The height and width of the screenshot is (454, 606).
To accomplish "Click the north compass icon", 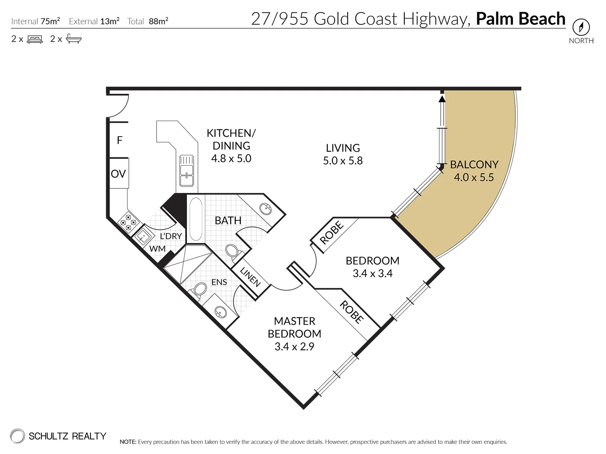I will tap(581, 28).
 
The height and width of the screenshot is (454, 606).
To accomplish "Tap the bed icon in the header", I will tap(35, 40).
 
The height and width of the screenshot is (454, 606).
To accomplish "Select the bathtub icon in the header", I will tap(74, 39).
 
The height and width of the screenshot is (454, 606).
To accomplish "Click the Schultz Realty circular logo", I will tap(18, 436).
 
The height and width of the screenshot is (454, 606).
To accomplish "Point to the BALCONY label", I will tap(474, 164).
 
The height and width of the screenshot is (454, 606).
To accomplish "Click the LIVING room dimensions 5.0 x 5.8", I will tap(343, 161).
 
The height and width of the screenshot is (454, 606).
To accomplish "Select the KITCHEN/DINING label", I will tap(231, 139).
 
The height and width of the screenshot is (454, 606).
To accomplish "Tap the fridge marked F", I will tap(120, 140).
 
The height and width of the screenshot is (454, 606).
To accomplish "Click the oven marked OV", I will tap(118, 174).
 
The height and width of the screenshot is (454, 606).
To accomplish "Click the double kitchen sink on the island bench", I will tap(186, 171).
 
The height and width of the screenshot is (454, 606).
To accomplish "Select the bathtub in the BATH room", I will tap(196, 219).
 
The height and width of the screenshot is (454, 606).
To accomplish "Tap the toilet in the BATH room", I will tap(232, 251).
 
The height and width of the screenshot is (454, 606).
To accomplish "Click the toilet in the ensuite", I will tap(199, 290).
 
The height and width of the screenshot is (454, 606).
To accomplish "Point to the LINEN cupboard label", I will tap(250, 277).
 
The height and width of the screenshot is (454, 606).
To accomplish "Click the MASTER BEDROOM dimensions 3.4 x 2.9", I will tap(294, 346).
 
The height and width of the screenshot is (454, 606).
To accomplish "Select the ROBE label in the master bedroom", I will tap(351, 312).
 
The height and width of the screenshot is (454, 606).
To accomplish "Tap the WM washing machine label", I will tap(157, 248).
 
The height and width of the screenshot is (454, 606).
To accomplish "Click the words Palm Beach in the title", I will tap(520, 19).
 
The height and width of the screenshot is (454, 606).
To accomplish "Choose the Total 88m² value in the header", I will tap(158, 21).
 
